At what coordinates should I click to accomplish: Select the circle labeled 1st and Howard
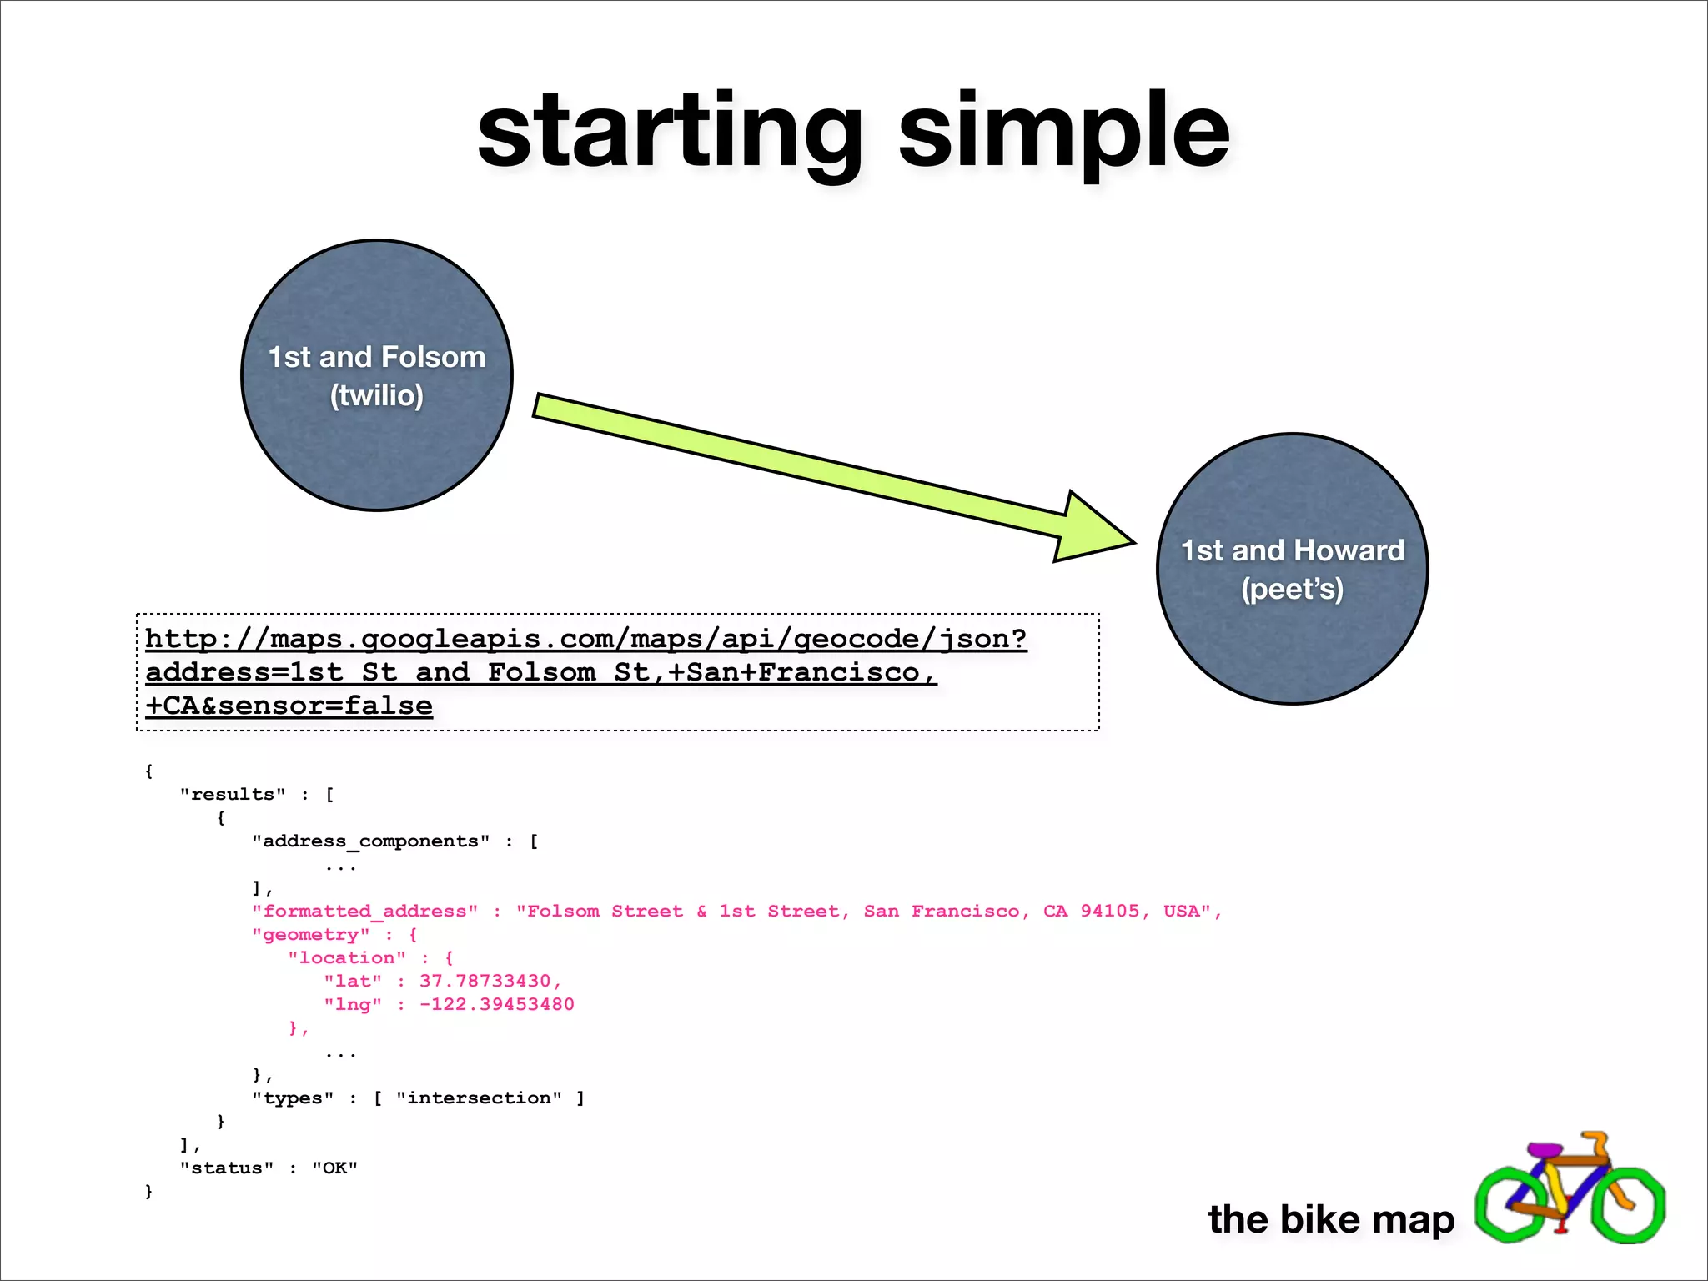tap(1292, 642)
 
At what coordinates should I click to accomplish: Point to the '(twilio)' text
tap(377, 395)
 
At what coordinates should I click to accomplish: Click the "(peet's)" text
tap(1292, 589)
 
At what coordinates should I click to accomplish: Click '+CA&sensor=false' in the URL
tap(289, 706)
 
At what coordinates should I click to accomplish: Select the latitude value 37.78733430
tap(485, 981)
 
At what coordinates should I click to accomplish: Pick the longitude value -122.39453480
tap(496, 1004)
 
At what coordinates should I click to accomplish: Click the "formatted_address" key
tap(365, 911)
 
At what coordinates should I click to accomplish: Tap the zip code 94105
tap(1109, 911)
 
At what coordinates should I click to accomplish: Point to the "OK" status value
tap(334, 1168)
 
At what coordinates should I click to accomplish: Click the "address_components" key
tap(371, 841)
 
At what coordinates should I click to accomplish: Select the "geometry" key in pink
tap(311, 934)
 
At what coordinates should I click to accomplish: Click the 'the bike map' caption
tap(1331, 1219)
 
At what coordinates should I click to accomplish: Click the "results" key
tap(233, 794)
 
